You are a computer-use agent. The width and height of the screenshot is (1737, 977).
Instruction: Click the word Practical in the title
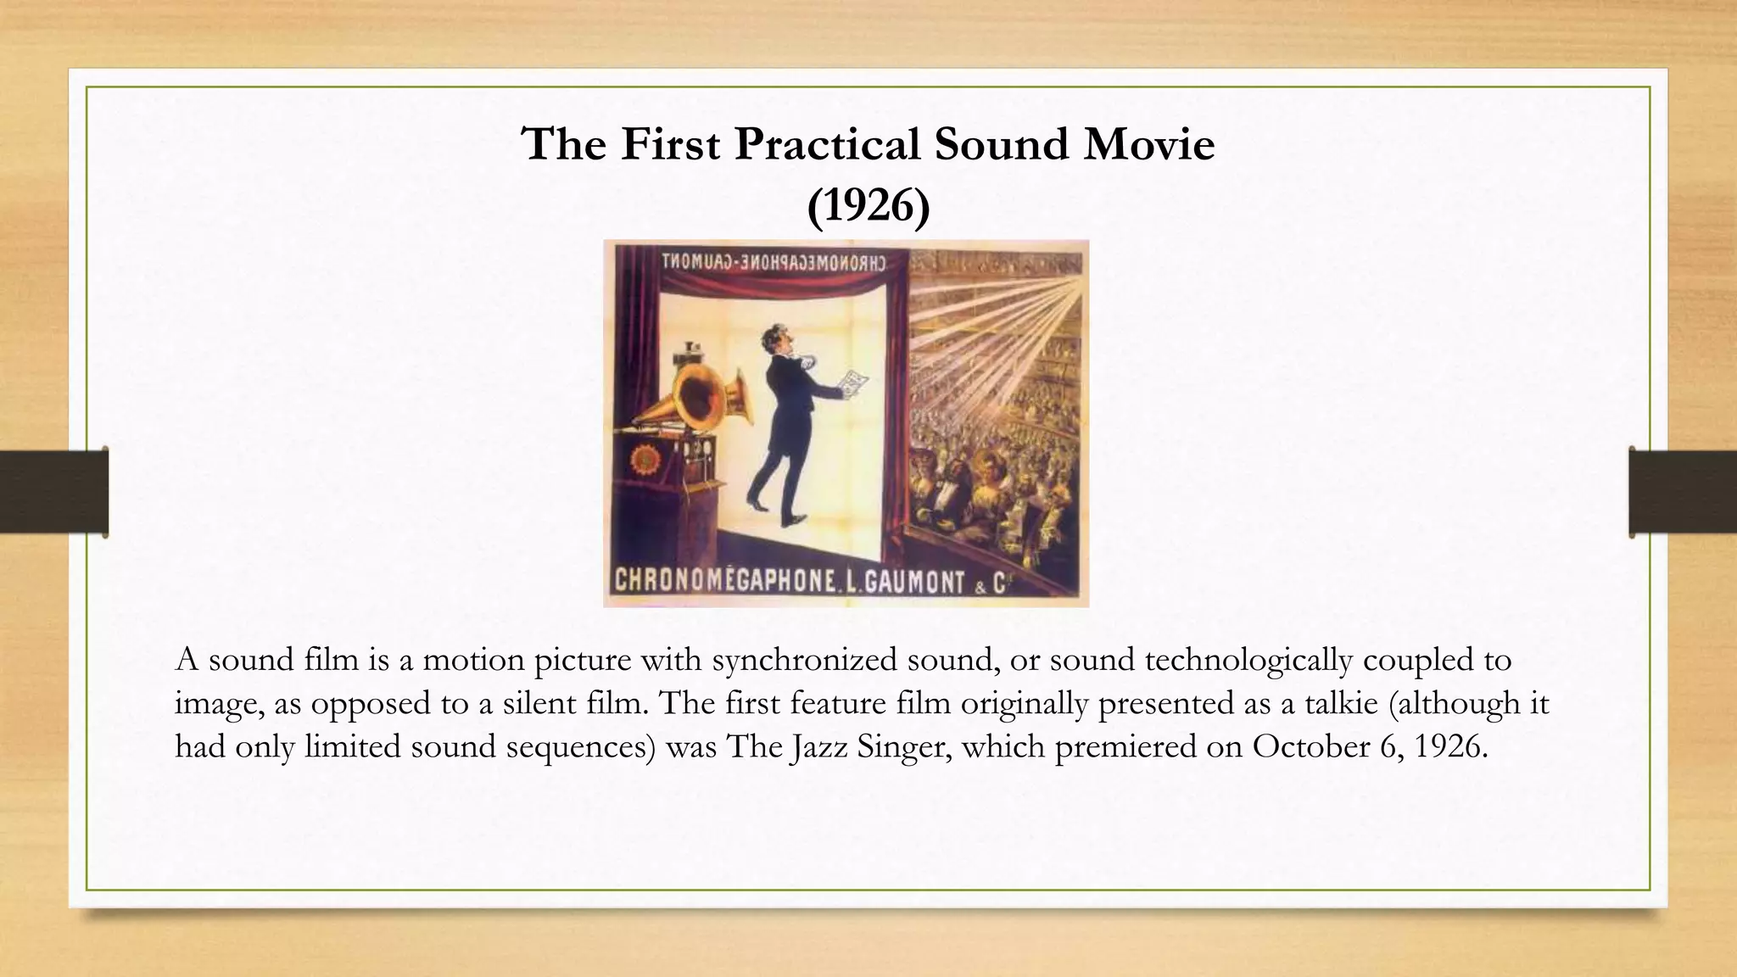point(828,144)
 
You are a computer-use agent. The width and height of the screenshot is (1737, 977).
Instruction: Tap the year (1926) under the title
point(868,205)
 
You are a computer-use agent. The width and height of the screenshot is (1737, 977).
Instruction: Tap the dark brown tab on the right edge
point(1683,492)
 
